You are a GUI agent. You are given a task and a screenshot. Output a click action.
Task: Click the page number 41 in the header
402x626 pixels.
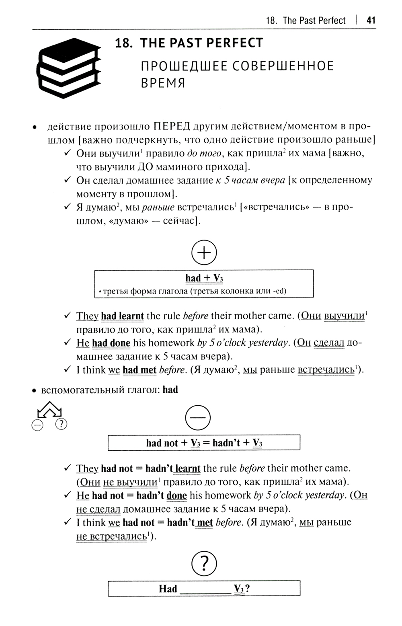[x=371, y=20]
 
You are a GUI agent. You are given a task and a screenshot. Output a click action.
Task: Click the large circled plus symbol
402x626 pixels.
[x=204, y=253]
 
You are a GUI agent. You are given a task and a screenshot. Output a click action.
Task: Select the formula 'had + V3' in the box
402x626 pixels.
[x=204, y=278]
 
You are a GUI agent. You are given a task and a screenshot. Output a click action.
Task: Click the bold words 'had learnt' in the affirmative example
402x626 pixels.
[x=122, y=316]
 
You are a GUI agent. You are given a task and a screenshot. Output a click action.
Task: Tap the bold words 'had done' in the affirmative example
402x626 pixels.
[x=111, y=343]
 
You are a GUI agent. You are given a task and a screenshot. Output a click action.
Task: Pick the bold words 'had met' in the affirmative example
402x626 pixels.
[x=139, y=370]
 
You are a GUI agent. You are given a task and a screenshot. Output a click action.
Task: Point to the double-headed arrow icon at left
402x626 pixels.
[x=49, y=410]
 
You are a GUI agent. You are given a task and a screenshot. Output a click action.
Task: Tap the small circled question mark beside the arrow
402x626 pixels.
[x=61, y=424]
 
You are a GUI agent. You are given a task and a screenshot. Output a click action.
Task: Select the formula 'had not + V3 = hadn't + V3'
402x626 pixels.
[x=204, y=443]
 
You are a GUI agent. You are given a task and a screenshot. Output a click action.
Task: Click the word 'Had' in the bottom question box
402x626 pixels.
[x=168, y=589]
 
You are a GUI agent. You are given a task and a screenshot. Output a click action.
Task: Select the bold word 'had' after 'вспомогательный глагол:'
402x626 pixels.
[x=170, y=390]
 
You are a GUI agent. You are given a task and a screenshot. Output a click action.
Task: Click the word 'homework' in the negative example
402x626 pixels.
[x=228, y=495]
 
